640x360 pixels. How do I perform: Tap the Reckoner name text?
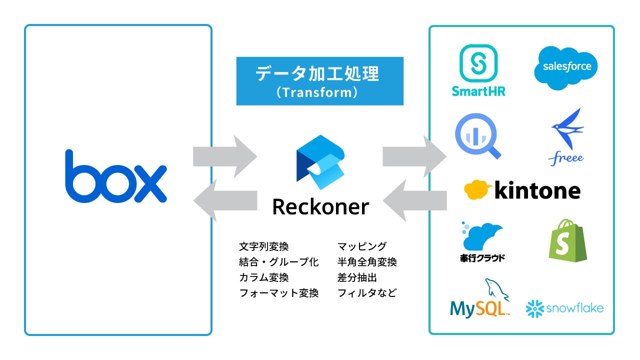point(320,206)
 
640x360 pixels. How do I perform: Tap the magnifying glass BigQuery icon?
point(478,134)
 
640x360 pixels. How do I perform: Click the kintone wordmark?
point(522,190)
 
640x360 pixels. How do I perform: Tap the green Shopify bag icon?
point(567,240)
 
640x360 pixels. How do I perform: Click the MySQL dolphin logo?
point(480,300)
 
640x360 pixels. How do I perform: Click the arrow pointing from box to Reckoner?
point(225,156)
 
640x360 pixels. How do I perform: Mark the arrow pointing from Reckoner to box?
point(225,200)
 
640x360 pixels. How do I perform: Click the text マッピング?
point(362,246)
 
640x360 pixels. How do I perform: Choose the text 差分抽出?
point(357,277)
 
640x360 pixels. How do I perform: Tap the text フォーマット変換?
point(279,293)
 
